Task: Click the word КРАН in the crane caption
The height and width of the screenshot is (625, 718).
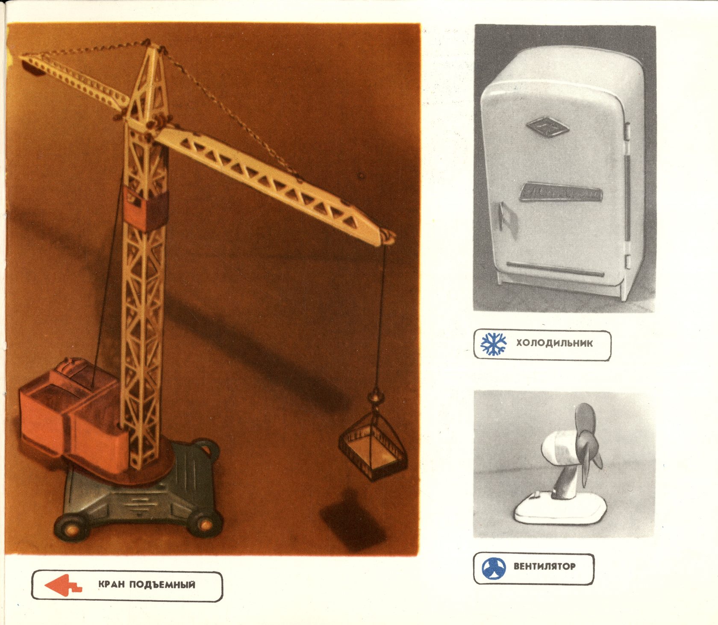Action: pyautogui.click(x=112, y=584)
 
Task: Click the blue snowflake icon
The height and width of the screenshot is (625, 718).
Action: pyautogui.click(x=494, y=344)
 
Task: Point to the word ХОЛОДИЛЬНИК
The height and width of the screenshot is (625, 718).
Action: pyautogui.click(x=554, y=343)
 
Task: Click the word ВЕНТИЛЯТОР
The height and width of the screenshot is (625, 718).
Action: pyautogui.click(x=544, y=566)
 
